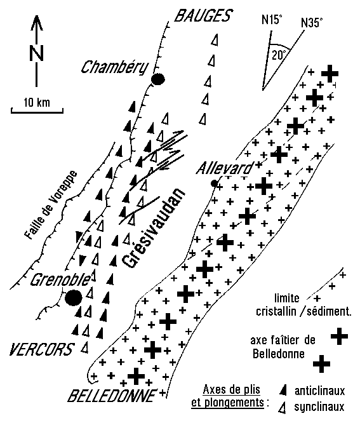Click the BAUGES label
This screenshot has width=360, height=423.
pos(203,15)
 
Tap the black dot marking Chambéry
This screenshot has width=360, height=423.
pos(157,79)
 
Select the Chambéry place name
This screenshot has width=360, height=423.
pos(115,68)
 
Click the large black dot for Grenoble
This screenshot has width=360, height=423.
pos(74,298)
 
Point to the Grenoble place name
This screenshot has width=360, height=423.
pos(60,279)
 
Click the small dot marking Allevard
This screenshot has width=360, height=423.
pos(215,184)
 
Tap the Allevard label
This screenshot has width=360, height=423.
pos(225,168)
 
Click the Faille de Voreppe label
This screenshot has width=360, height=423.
pos(50,205)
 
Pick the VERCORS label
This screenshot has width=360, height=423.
pos(41,349)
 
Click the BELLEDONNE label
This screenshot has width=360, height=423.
pos(112,396)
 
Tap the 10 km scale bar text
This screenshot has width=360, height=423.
pos(37,102)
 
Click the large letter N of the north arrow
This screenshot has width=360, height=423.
pos(36,53)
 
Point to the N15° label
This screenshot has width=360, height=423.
pos(272,20)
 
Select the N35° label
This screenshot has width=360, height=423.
pos(312,23)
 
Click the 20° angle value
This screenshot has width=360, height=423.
pos(279,55)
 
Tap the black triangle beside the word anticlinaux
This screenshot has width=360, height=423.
pos(283,391)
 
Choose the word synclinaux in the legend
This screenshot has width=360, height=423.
pos(319,407)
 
